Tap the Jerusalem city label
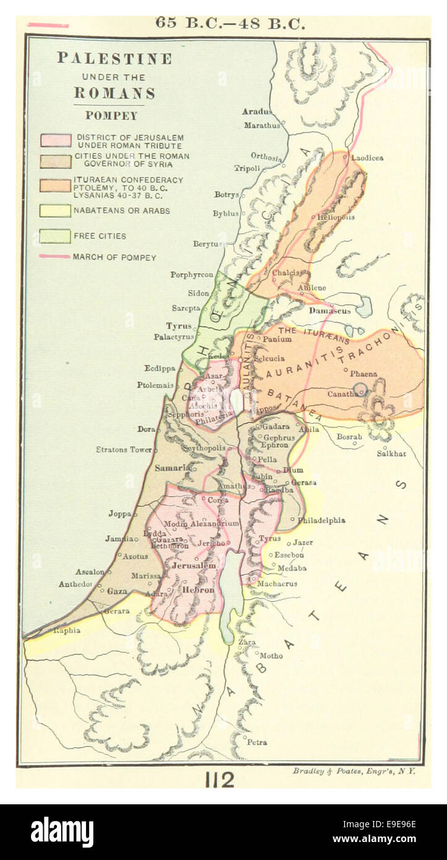[x=194, y=565]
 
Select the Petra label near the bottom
[x=257, y=742]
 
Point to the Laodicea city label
[x=367, y=158]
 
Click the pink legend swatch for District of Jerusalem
[x=56, y=140]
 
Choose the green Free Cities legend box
[x=56, y=236]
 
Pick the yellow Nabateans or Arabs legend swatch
[x=56, y=210]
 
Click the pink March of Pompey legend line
[x=54, y=256]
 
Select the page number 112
[x=220, y=780]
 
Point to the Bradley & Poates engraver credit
[x=354, y=771]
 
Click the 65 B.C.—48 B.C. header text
[x=230, y=24]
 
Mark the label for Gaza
[x=117, y=591]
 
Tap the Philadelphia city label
[x=321, y=520]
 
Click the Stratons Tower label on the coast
[x=124, y=449]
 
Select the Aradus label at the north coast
[x=257, y=111]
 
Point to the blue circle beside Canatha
[x=360, y=389]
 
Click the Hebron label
[x=197, y=590]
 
